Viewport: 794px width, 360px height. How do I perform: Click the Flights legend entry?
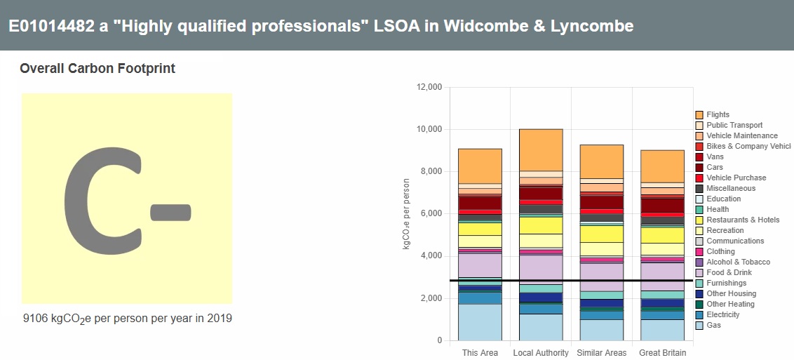[x=718, y=114]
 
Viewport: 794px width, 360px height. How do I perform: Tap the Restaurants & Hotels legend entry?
[x=743, y=220]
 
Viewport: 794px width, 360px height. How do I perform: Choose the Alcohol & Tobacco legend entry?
[x=738, y=262]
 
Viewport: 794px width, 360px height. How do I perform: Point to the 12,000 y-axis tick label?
[x=429, y=87]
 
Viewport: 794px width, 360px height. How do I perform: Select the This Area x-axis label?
[x=480, y=352]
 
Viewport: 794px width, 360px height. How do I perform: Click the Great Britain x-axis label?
[x=662, y=352]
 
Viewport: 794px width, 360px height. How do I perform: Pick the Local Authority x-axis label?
[x=541, y=352]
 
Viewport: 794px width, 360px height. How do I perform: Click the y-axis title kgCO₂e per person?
[x=407, y=214]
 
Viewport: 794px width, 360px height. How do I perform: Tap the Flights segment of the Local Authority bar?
[x=541, y=149]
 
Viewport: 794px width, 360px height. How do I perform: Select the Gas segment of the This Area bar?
[x=480, y=322]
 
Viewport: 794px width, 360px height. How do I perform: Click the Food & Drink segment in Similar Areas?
[x=601, y=276]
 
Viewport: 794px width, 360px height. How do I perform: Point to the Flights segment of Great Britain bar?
[x=662, y=166]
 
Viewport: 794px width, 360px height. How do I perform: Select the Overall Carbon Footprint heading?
[x=97, y=69]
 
